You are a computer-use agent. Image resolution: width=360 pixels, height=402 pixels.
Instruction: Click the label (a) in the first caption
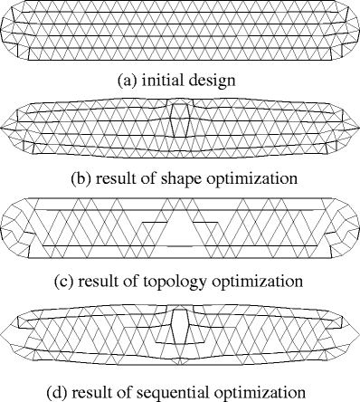pyautogui.click(x=128, y=80)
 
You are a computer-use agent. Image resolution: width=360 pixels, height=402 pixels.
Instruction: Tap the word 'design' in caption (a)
pyautogui.click(x=213, y=80)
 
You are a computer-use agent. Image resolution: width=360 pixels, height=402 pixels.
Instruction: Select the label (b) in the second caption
pyautogui.click(x=81, y=178)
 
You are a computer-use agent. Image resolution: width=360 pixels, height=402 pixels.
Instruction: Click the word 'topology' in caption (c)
pyautogui.click(x=191, y=279)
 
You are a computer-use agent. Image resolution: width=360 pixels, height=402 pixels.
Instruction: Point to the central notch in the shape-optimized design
pyautogui.click(x=181, y=117)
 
